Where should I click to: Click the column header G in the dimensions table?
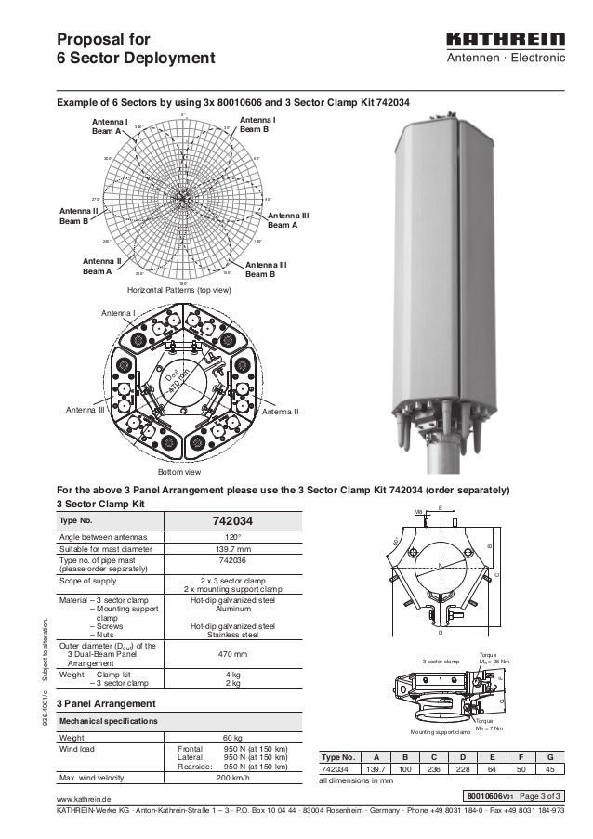click(551, 756)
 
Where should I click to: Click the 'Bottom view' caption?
click(178, 472)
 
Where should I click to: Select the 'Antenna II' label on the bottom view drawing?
click(280, 410)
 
